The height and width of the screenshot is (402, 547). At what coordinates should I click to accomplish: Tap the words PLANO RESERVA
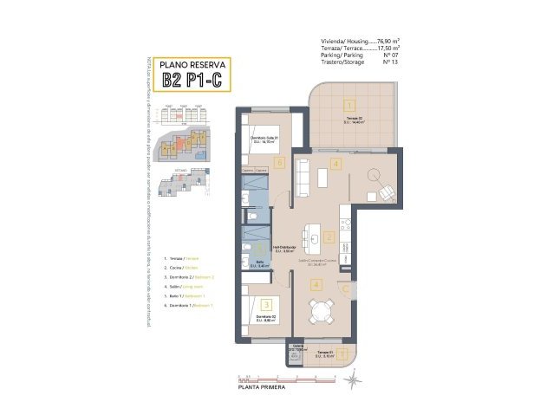[x=193, y=64]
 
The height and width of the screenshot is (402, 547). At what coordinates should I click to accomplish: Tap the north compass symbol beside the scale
[x=357, y=379]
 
